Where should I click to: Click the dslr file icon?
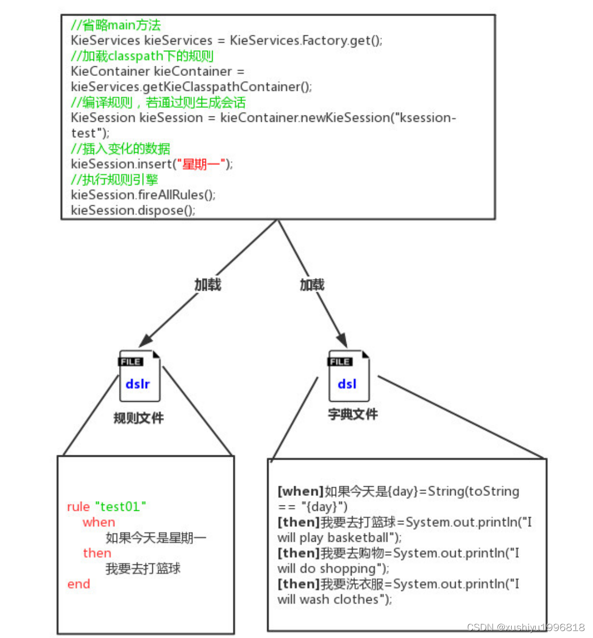[139, 376]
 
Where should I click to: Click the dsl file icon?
[348, 376]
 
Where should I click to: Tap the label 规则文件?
[139, 418]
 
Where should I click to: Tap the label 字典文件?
[353, 414]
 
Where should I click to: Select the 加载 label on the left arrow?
[207, 285]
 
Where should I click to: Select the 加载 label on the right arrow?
[312, 285]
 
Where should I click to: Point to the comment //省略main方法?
[116, 25]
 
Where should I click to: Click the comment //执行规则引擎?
[114, 180]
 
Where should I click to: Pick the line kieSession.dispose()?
[133, 211]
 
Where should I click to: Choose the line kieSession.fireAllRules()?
[143, 195]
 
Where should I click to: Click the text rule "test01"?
[106, 507]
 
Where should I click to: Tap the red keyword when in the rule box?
[99, 522]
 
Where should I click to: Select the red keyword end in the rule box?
[79, 584]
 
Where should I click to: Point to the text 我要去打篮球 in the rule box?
[143, 569]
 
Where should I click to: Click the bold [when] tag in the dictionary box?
[301, 491]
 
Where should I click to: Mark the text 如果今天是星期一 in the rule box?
[156, 538]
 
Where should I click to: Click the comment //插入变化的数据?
[120, 149]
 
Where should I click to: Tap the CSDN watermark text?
[526, 627]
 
